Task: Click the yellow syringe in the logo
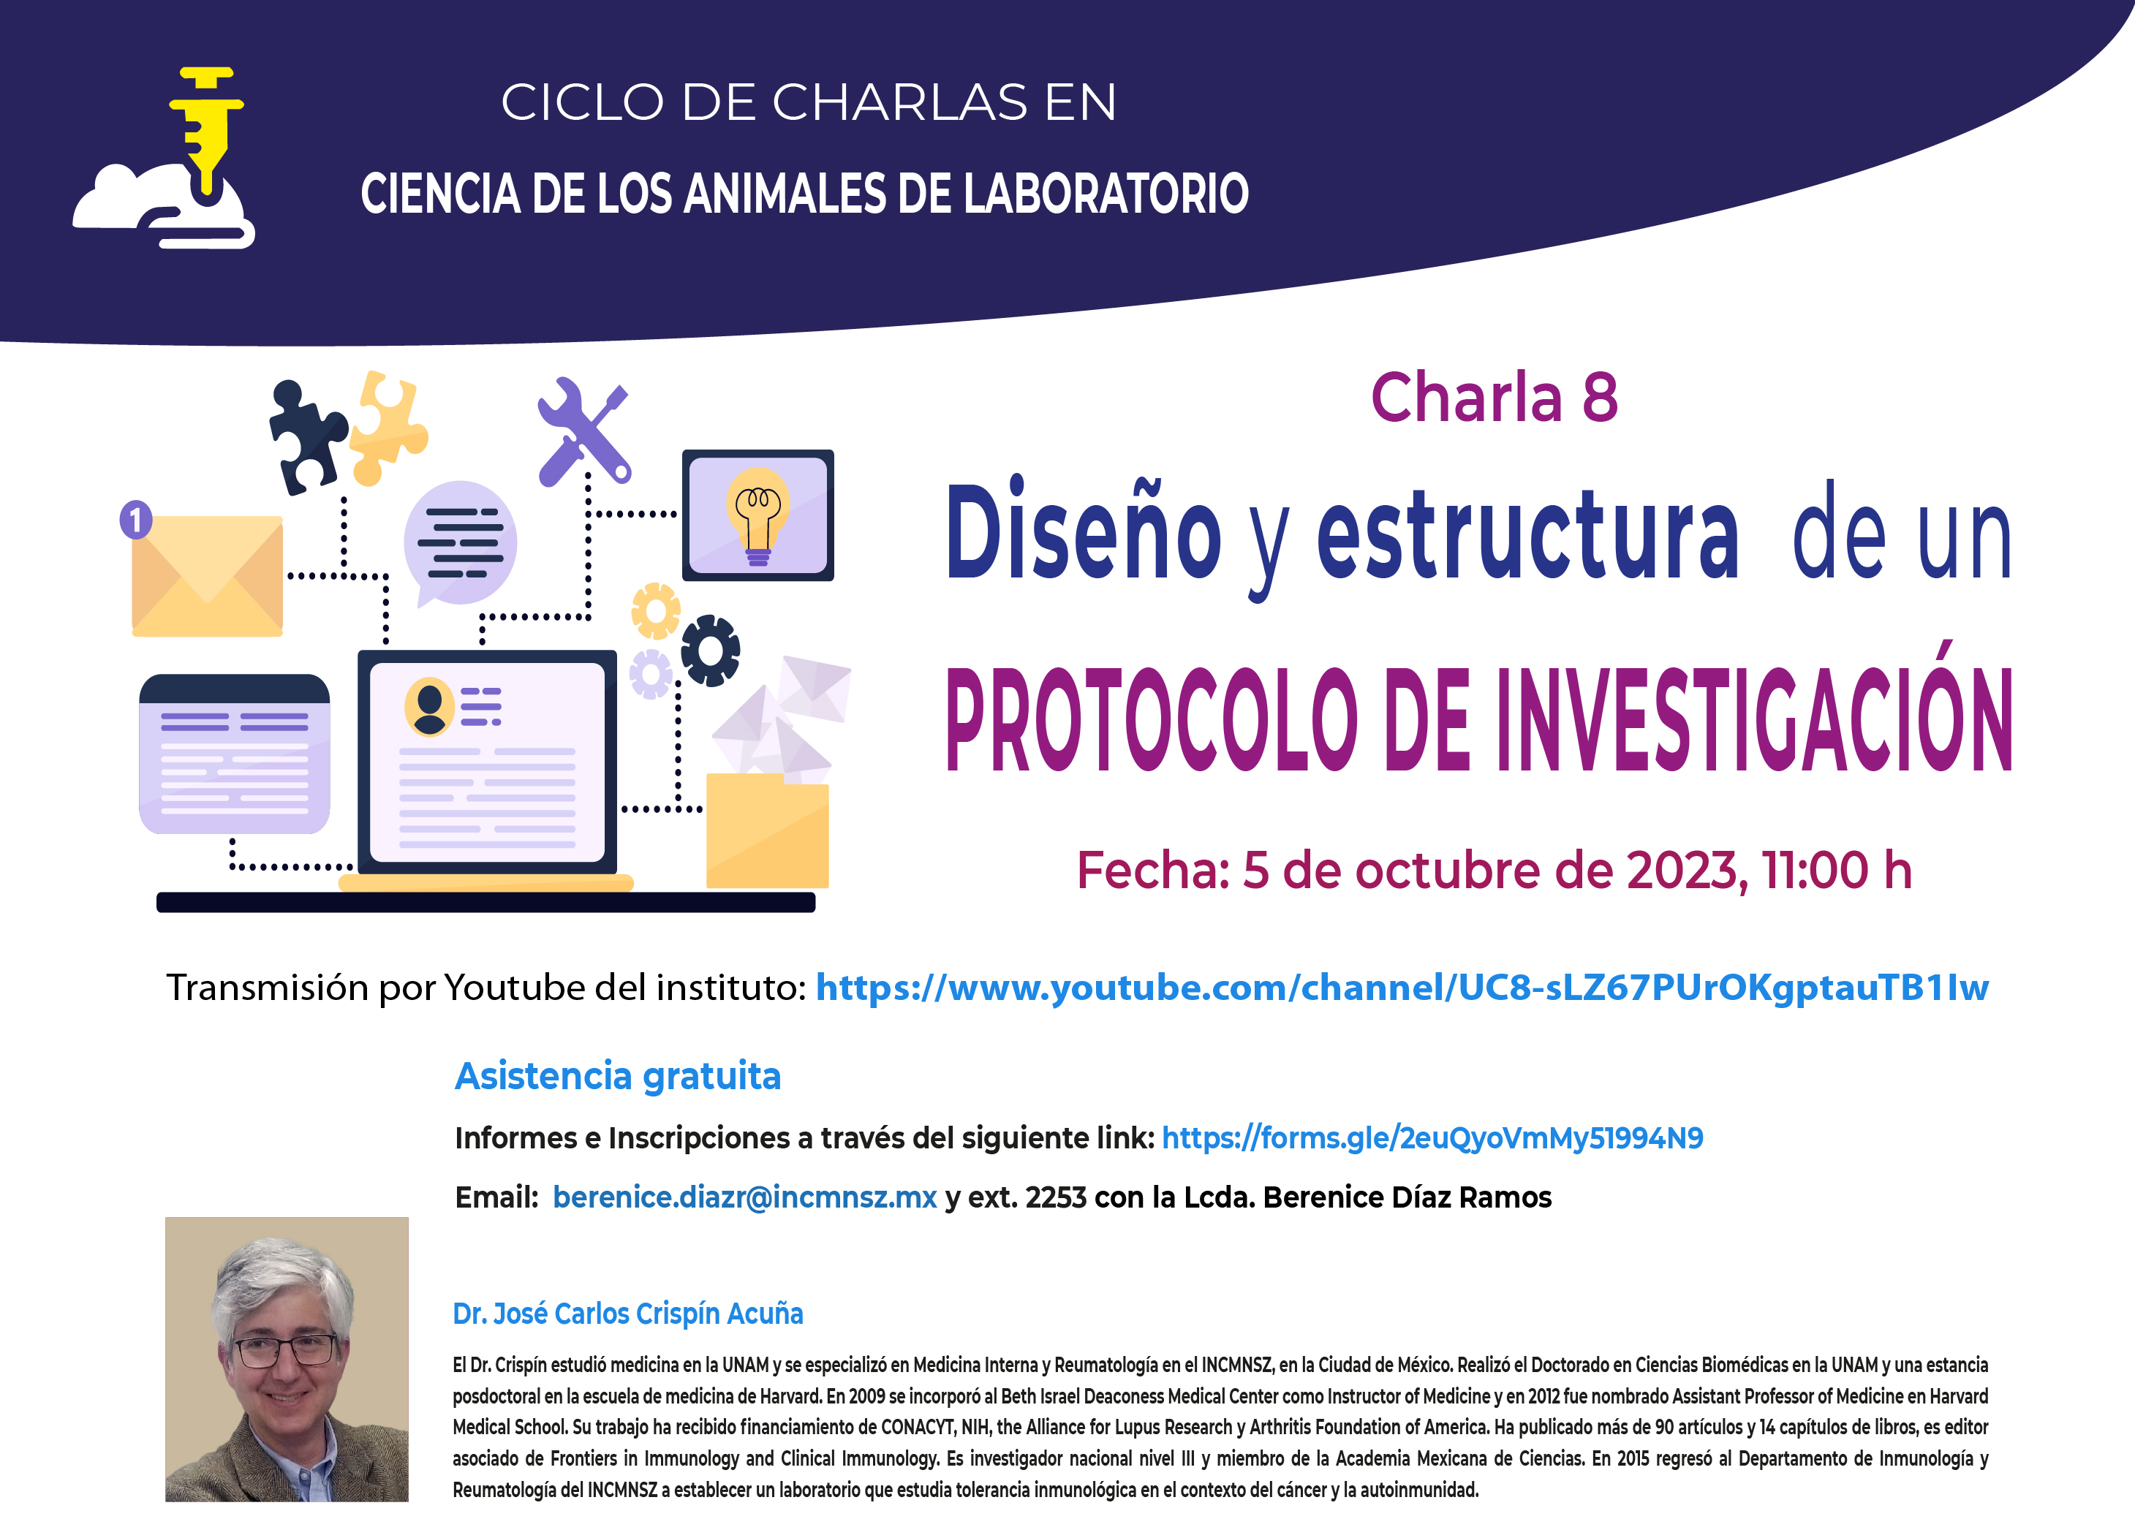(207, 132)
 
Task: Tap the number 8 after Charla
(1599, 397)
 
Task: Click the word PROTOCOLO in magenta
(1150, 719)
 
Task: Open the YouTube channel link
(1402, 988)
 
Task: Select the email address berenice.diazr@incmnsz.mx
(744, 1197)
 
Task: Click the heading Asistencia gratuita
(618, 1076)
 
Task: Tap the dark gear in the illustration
(711, 651)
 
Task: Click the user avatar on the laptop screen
(429, 707)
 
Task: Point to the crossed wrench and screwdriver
(583, 432)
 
